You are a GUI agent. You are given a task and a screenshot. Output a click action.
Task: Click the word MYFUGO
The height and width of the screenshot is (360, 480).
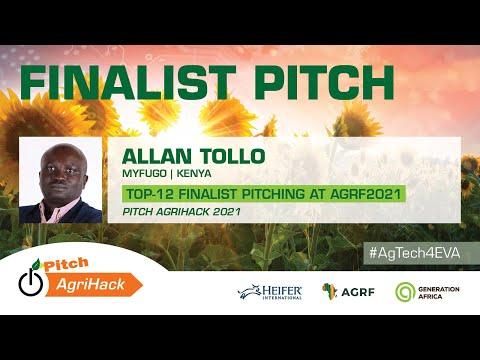point(142,173)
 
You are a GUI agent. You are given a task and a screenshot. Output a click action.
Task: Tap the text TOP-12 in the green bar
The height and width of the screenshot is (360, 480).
point(147,194)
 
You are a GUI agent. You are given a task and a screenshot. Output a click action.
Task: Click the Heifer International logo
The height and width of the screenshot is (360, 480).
point(270,291)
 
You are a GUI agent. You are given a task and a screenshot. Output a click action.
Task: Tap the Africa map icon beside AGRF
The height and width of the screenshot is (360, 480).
point(329,291)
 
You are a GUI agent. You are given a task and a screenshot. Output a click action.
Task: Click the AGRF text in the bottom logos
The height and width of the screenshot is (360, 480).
point(359,291)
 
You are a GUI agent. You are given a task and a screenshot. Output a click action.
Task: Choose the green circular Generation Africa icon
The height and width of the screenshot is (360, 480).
point(405,291)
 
